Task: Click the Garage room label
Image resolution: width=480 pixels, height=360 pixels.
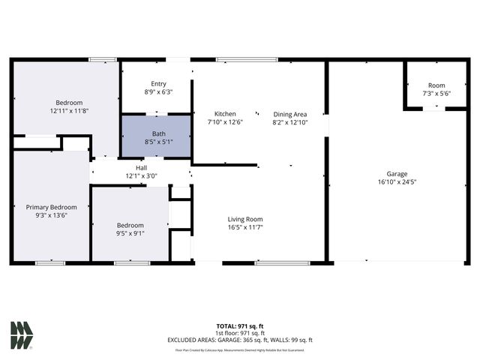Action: click(397, 173)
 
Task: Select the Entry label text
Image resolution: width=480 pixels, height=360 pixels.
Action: click(158, 84)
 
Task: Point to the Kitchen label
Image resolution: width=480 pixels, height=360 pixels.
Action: click(225, 114)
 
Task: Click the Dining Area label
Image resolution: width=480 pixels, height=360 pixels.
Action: click(289, 114)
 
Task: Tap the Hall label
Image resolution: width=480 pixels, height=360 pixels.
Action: click(141, 168)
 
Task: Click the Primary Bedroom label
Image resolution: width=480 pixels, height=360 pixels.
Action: click(52, 207)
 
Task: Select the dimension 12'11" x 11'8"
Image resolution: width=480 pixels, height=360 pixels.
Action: click(69, 111)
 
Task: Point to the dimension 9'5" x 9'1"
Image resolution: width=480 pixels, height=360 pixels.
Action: click(130, 233)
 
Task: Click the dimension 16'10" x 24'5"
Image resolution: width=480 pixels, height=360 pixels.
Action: click(397, 181)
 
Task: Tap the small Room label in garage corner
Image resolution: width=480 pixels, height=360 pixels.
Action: click(436, 85)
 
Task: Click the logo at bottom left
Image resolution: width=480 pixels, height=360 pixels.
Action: click(21, 335)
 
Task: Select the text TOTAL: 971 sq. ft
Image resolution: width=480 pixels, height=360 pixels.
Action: click(239, 325)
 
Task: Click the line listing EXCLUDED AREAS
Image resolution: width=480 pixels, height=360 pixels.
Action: click(239, 340)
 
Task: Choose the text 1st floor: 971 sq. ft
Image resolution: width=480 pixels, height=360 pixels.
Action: click(239, 333)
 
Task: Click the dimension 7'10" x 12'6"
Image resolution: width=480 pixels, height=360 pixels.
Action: click(225, 122)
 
